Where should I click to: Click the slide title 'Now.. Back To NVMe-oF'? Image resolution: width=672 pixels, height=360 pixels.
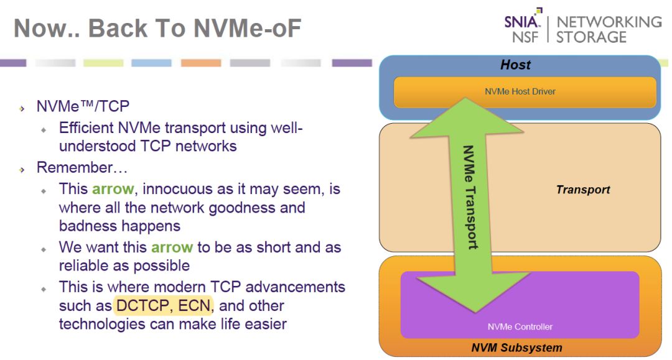point(157,28)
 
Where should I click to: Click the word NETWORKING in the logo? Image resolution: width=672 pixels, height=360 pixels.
point(609,22)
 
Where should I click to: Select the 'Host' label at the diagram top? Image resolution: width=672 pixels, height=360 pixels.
point(516,65)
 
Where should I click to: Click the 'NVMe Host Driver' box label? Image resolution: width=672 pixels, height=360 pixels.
point(520,91)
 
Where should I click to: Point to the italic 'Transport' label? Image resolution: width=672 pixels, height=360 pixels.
point(583,190)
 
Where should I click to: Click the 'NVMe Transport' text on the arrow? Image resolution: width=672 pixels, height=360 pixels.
point(470,197)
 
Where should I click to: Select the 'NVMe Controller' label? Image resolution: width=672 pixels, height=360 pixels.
point(520,326)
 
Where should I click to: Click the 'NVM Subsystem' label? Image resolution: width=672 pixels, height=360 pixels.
point(516,348)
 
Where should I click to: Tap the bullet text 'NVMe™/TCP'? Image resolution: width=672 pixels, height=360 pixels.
point(83,106)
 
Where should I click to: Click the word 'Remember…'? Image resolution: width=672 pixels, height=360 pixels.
point(82,167)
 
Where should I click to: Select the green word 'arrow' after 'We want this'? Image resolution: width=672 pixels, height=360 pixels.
point(172,247)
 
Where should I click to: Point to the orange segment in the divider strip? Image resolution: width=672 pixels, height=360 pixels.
point(200,63)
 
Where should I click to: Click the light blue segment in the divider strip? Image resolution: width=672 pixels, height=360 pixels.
point(151,63)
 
